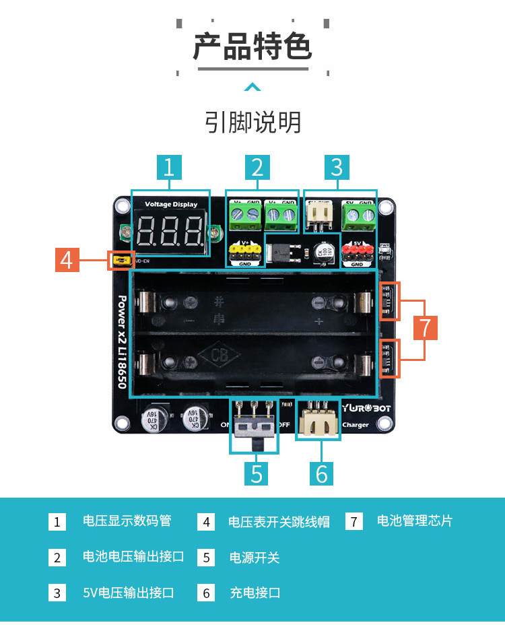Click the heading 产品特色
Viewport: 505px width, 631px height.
252,47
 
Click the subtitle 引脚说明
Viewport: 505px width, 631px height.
252,123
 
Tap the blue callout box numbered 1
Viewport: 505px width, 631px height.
169,167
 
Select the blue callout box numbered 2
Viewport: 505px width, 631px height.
257,167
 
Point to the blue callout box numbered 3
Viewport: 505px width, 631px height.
337,167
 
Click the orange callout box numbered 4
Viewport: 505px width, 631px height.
66,259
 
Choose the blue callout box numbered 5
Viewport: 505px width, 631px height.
257,473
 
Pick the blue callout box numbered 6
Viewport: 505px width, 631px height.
322,473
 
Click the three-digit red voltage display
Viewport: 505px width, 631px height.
170,232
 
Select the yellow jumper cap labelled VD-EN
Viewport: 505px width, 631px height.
122,259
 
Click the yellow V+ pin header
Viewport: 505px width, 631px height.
245,253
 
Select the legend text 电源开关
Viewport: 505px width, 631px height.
255,558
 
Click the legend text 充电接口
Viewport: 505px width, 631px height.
255,593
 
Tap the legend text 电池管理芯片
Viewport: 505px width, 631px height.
414,521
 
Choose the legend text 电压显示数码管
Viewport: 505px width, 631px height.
127,521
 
